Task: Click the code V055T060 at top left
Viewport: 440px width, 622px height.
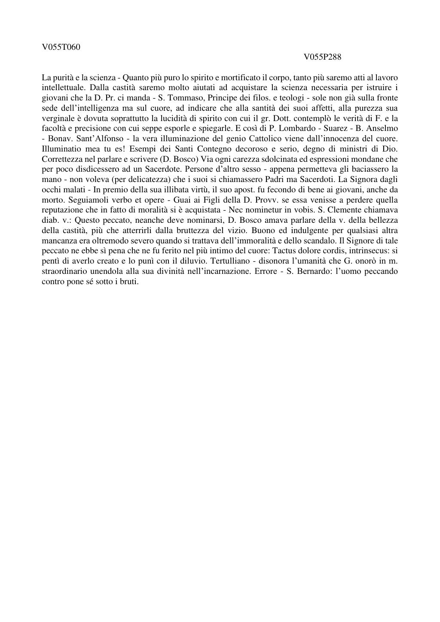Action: click(x=61, y=47)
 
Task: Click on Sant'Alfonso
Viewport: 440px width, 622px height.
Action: click(x=96, y=139)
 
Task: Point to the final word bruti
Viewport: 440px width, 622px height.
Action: click(x=130, y=282)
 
